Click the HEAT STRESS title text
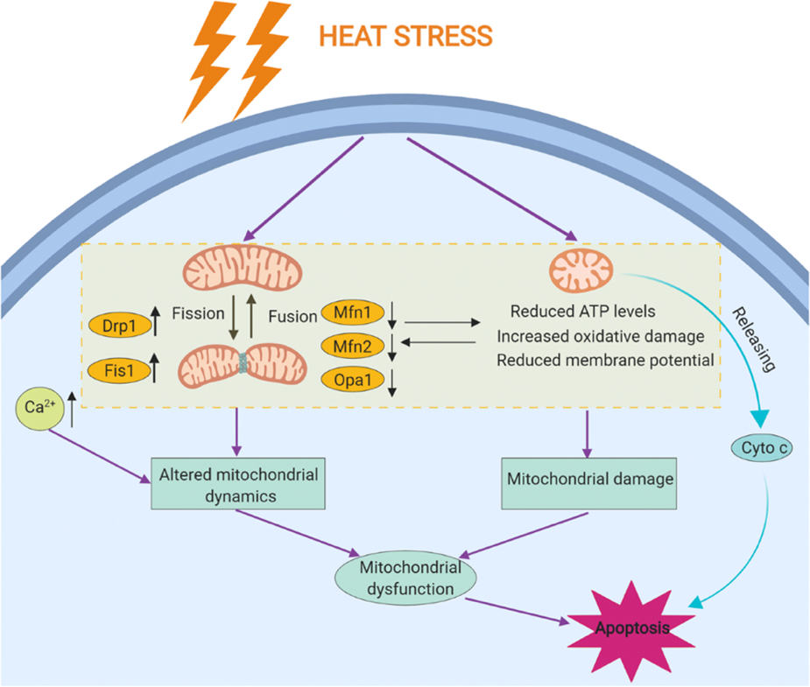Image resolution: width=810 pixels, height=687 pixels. click(405, 36)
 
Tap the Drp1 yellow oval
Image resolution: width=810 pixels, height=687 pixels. click(120, 326)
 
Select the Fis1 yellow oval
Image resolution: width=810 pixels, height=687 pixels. click(119, 370)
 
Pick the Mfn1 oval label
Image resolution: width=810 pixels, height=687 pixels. click(353, 312)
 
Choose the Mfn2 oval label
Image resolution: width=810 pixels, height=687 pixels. click(353, 346)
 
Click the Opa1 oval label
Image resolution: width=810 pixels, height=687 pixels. click(353, 380)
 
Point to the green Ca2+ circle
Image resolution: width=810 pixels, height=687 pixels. click(39, 408)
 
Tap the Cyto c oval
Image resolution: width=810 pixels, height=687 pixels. click(762, 447)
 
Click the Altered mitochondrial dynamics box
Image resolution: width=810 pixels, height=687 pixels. click(238, 484)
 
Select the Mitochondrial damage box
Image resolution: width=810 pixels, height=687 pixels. click(589, 484)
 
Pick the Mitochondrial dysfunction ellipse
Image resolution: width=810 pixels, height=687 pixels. click(406, 578)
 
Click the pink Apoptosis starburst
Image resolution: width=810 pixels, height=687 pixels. click(631, 628)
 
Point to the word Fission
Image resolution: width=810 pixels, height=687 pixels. click(199, 313)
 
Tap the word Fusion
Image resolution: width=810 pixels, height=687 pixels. click(292, 316)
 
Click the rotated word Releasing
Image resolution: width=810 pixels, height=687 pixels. click(755, 339)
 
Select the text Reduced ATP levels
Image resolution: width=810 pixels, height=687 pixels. click(582, 312)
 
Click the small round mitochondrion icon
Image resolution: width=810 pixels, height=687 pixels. click(581, 270)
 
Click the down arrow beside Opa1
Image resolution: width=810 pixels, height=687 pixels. click(392, 382)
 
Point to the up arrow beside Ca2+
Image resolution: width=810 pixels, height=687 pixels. click(72, 410)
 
